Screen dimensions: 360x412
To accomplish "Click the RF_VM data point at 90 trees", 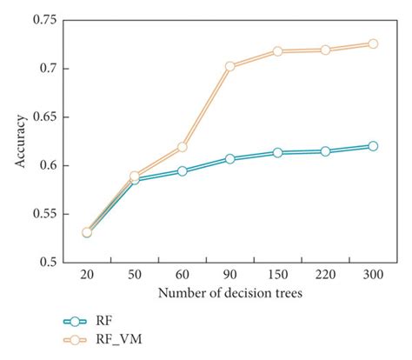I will point(230,66).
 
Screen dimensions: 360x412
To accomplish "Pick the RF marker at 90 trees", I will point(230,159).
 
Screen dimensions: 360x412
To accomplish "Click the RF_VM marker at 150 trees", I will point(278,51).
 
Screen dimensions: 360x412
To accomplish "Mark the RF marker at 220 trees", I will point(325,151).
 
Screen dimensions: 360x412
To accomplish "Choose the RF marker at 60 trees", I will point(183,170).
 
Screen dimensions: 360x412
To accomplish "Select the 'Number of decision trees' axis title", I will point(229,294).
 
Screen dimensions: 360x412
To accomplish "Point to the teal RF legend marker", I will point(76,320).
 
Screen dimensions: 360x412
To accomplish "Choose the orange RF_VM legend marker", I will point(76,339).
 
